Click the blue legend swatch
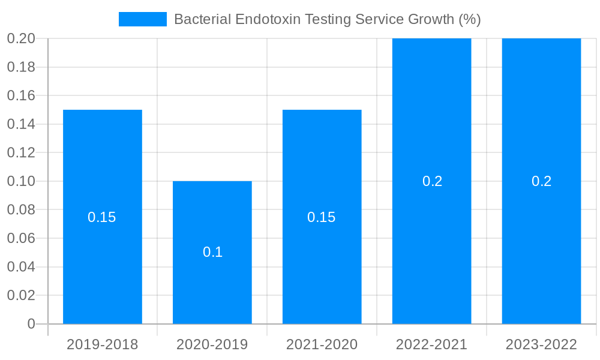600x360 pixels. coord(143,19)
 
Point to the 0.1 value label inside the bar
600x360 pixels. coord(212,252)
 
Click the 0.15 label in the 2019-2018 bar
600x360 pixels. coord(102,217)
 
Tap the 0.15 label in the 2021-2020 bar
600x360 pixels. coord(322,217)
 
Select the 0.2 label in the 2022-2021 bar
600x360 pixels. coord(432,181)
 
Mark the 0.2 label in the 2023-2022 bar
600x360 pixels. coord(541,181)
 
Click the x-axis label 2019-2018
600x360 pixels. coord(103,344)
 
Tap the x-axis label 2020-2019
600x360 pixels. coord(212,344)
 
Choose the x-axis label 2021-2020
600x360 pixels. coord(322,344)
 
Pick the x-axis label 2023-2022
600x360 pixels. coord(541,344)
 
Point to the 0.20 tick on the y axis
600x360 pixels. coord(21,38)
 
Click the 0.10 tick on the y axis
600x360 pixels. coord(21,181)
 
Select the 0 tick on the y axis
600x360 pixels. coord(31,324)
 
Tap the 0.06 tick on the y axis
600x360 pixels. coord(21,238)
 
